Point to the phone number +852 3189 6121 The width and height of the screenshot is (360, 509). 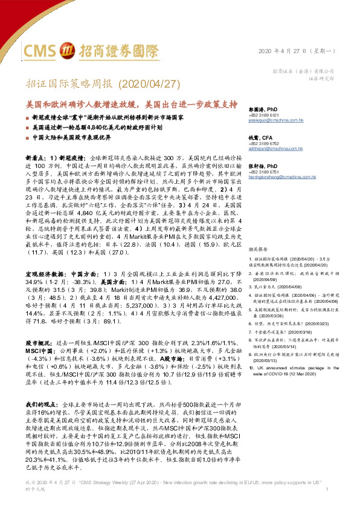click(x=266, y=115)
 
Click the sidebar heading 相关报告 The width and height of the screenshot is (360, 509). click(x=258, y=248)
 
